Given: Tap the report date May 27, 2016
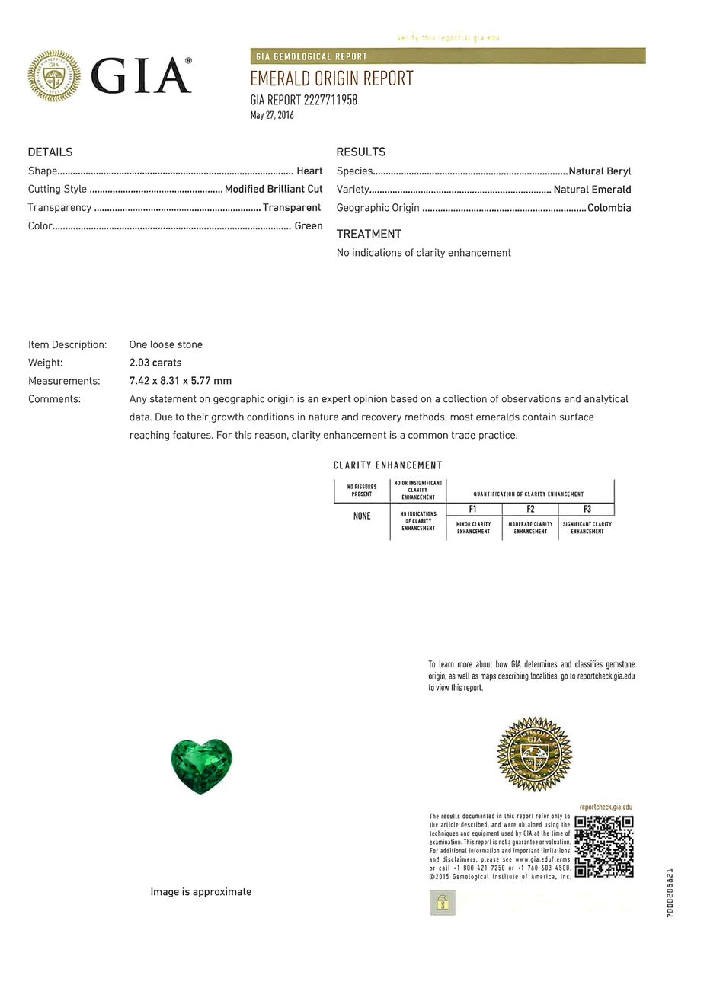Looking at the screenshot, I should (272, 115).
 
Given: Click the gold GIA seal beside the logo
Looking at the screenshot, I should (54, 76).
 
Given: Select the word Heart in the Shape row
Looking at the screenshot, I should (309, 171).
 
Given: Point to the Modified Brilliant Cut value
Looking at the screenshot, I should (274, 189).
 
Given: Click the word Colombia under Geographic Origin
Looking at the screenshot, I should (609, 207).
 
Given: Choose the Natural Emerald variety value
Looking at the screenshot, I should (592, 189).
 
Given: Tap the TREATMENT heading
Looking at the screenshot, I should (369, 234).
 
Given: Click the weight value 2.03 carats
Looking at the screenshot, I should (155, 363).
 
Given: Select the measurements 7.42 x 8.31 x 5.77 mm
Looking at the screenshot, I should (181, 381).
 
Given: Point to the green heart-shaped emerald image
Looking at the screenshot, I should (201, 765).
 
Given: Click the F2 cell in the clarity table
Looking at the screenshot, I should (530, 509).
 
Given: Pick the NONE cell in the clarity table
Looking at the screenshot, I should (362, 516).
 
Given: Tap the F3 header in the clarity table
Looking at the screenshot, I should (587, 509).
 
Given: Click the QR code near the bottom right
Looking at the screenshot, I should (604, 846).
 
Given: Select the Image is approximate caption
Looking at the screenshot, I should (200, 891).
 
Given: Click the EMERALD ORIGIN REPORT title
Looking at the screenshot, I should (331, 79).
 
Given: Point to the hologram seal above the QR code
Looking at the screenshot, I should (534, 753).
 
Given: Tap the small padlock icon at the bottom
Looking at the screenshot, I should (443, 903).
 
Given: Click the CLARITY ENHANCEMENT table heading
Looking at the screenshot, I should (388, 465).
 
